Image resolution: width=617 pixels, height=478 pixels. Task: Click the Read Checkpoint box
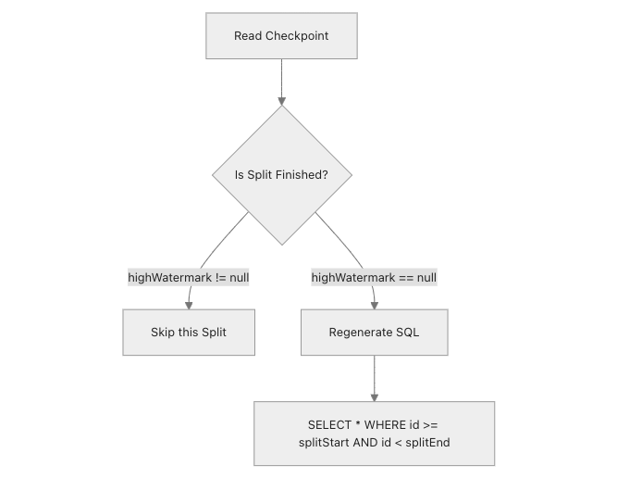pos(281,36)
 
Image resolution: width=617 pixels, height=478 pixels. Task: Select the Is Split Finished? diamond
pos(281,174)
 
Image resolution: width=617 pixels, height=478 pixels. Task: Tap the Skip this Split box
pos(188,332)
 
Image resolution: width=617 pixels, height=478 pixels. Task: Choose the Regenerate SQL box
pos(374,332)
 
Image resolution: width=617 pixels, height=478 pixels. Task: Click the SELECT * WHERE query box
pos(374,433)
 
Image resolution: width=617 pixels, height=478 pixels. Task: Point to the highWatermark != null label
pos(189,277)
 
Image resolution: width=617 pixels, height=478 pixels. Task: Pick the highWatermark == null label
pos(374,277)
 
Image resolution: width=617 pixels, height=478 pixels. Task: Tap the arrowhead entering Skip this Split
pos(189,304)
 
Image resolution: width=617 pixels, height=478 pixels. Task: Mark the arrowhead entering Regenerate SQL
pos(374,304)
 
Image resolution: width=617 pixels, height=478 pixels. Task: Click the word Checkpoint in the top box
pos(297,36)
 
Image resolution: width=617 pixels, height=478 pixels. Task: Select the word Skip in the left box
pos(163,332)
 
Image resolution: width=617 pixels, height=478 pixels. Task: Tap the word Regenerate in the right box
pos(360,332)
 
